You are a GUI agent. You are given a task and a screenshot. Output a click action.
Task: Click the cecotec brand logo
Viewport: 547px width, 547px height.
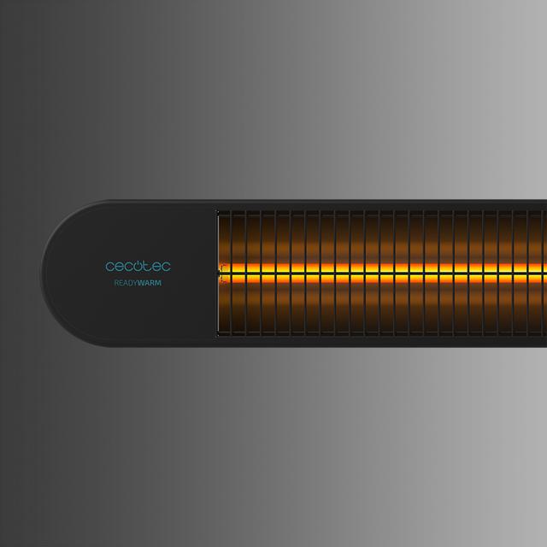[x=138, y=266]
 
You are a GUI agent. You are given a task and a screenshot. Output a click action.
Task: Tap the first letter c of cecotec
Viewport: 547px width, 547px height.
[x=109, y=267]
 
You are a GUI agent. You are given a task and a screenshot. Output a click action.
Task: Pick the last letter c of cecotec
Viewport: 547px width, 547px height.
[x=167, y=267]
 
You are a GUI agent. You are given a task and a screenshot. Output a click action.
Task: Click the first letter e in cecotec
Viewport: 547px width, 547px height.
[x=119, y=267]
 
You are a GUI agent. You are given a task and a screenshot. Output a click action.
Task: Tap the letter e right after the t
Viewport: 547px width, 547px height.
[x=157, y=267]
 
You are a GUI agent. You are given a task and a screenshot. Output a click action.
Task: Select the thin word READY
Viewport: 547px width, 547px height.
[x=126, y=283]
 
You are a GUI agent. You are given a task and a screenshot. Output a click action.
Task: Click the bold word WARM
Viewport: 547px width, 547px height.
[x=150, y=283]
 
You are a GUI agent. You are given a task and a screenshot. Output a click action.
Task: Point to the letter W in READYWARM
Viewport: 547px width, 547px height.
[x=141, y=283]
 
